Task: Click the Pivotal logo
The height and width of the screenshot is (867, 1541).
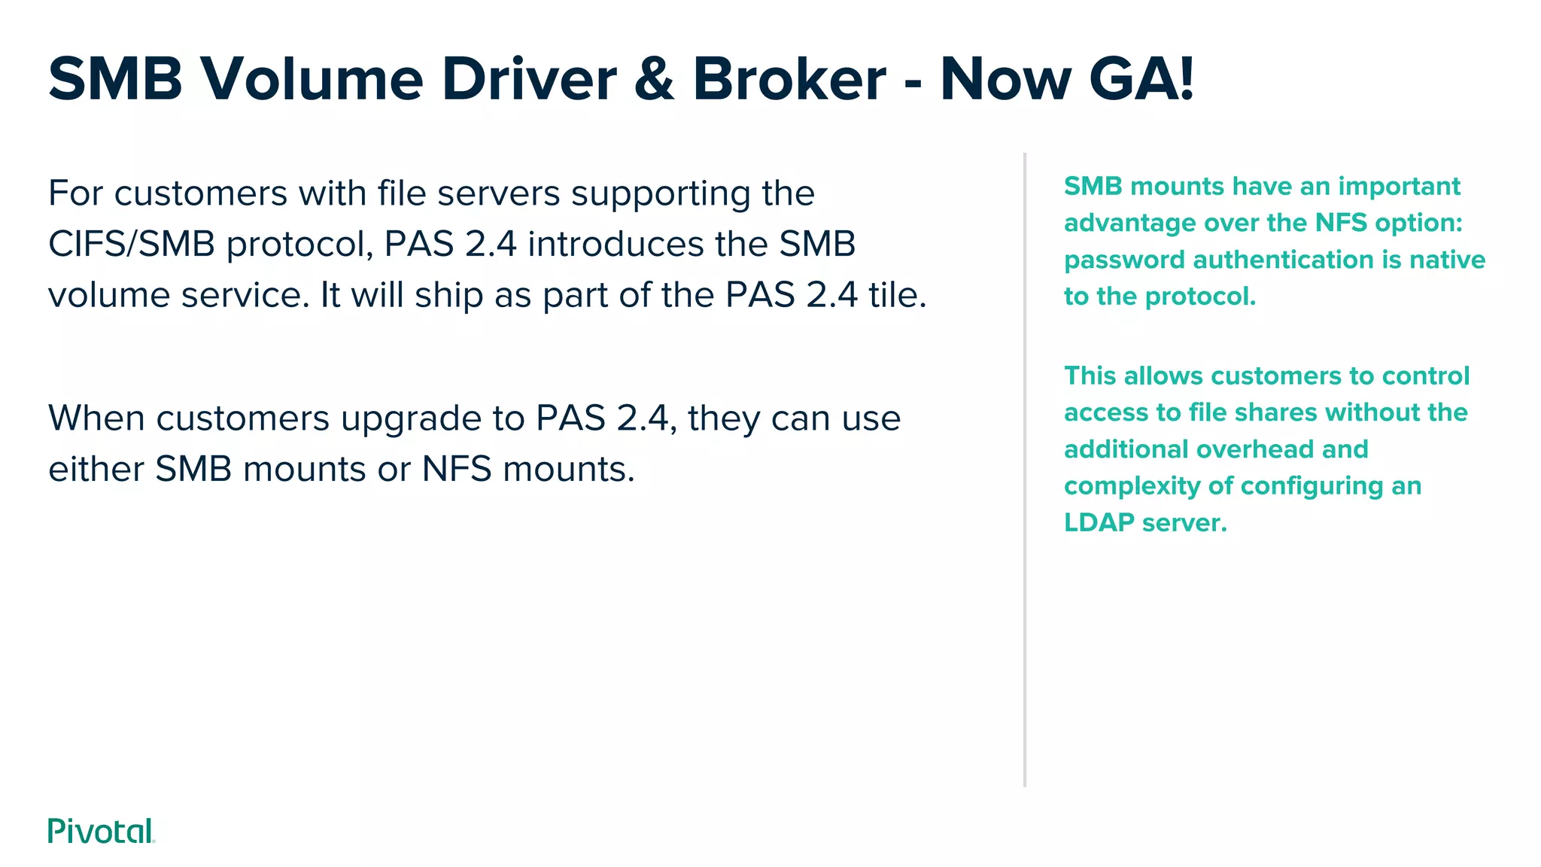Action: [101, 831]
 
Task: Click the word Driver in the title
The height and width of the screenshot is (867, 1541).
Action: [528, 79]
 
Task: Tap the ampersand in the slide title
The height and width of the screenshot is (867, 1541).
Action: [653, 79]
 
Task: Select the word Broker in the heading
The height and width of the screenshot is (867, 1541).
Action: [789, 79]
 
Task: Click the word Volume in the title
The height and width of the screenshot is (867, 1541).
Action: [312, 79]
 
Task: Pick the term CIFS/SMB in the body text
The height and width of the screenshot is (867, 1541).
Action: [132, 244]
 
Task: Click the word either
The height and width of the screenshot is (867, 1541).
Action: [96, 469]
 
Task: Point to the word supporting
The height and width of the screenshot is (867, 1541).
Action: [660, 194]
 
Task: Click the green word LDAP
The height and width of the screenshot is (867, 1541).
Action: [1099, 522]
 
